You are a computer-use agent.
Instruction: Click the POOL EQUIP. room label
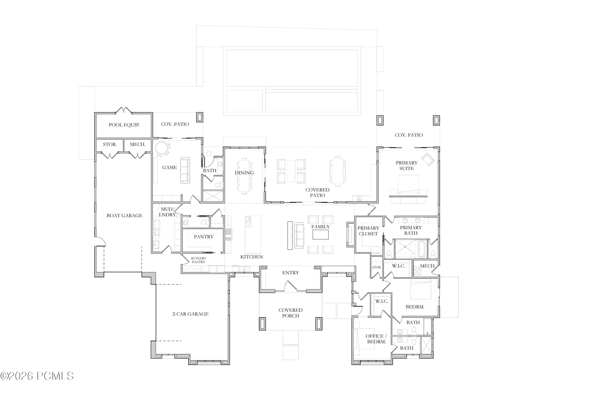point(124,125)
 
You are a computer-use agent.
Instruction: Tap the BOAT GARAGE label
point(125,216)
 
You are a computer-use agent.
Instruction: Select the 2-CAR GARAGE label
point(191,314)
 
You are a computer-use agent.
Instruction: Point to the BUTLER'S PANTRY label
point(199,260)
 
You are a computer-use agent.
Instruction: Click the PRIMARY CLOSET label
point(368,231)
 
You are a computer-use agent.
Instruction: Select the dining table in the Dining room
point(244,176)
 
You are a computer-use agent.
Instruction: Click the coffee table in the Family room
point(320,235)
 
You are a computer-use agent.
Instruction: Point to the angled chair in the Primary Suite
point(428,159)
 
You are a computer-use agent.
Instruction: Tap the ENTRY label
point(290,273)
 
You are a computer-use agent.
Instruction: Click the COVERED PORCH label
point(290,313)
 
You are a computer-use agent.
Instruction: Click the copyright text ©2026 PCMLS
point(37,376)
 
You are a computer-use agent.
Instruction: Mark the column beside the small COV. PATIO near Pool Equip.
point(200,117)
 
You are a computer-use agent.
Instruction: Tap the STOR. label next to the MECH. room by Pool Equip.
point(110,144)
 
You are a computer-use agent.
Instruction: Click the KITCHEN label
point(252,257)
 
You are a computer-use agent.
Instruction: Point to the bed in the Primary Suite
point(408,186)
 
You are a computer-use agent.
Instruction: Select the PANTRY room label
point(204,237)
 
